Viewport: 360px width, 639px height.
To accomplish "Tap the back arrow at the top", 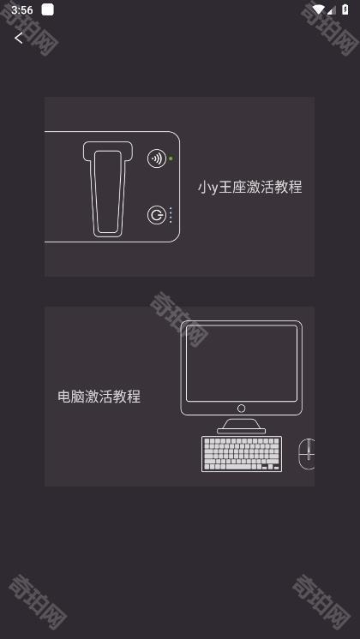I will click(19, 38).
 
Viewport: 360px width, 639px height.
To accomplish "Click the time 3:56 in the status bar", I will click(22, 10).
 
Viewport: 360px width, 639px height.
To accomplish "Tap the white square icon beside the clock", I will click(47, 10).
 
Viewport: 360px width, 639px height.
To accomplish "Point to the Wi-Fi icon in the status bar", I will click(319, 10).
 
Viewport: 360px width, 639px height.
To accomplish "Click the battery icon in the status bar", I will click(345, 10).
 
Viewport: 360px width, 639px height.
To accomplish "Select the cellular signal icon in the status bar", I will click(332, 10).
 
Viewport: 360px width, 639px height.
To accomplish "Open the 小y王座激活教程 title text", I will click(249, 187).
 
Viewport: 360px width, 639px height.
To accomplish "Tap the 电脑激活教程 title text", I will click(99, 397).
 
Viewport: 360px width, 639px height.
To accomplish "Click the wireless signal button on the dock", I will click(156, 158).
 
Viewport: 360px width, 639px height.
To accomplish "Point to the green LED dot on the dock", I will click(171, 158).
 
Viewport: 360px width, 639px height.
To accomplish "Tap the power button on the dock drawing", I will click(156, 215).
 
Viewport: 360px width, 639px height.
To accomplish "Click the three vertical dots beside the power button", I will click(171, 215).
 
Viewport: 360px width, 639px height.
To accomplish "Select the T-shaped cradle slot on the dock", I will click(108, 188).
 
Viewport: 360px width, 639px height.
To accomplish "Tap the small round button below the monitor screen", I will click(241, 409).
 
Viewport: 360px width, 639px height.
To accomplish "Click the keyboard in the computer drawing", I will click(241, 454).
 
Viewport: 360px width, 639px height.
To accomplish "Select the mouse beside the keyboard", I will click(307, 454).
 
